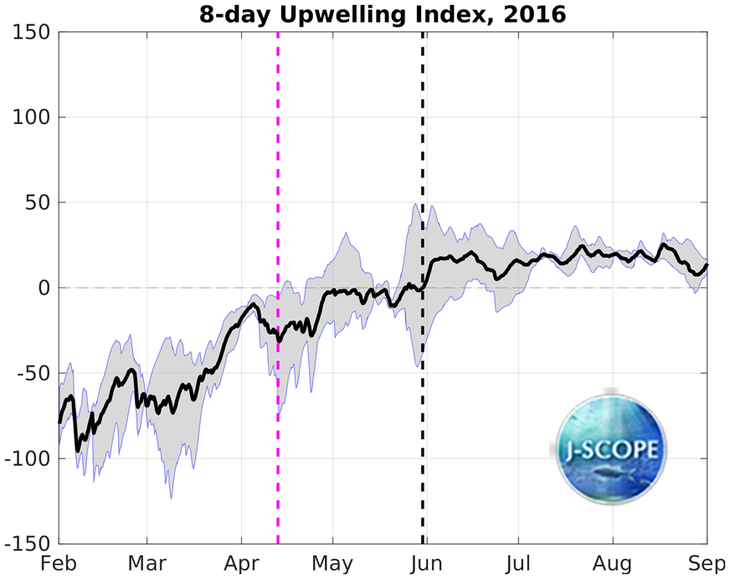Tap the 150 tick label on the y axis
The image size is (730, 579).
click(x=31, y=33)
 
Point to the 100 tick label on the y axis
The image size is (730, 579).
click(x=31, y=118)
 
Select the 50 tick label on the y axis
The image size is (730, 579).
click(x=37, y=203)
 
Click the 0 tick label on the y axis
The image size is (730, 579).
click(x=43, y=289)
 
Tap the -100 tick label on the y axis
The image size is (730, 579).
click(x=28, y=459)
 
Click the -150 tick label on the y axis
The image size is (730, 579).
click(x=28, y=545)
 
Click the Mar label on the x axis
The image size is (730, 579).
click(x=147, y=563)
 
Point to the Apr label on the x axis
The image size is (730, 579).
click(x=241, y=563)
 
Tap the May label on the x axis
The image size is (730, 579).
click(x=332, y=563)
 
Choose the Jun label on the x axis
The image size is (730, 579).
click(x=426, y=563)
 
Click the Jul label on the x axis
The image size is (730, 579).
click(x=518, y=563)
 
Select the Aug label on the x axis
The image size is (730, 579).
click(x=612, y=563)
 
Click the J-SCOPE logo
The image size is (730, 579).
click(x=612, y=448)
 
